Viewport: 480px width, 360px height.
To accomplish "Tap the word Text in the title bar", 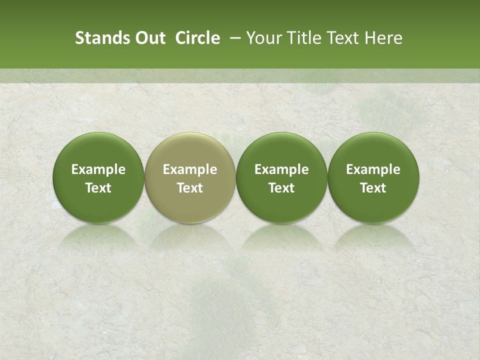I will tap(344, 38).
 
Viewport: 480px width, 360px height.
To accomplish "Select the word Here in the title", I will tap(383, 38).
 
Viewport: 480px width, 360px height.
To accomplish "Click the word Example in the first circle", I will tap(98, 170).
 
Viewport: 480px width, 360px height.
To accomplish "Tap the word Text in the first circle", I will tap(98, 188).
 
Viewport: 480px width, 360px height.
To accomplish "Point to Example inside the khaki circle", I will tap(190, 170).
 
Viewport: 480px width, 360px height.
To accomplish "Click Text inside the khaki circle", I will tap(190, 188).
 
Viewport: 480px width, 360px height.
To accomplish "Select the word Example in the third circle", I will tap(281, 170).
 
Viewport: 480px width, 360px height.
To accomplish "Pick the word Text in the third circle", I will tap(281, 188).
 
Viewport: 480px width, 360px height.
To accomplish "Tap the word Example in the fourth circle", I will tap(373, 170).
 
